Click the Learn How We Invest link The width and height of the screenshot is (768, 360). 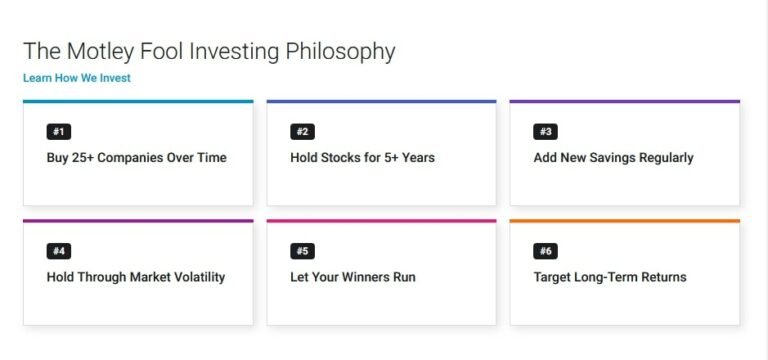tap(77, 78)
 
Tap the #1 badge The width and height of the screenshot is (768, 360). tap(59, 131)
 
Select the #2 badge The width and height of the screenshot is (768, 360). tap(302, 131)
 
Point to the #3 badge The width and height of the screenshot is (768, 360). tap(546, 131)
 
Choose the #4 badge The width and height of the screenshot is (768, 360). tap(59, 251)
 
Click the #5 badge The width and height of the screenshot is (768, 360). tap(302, 251)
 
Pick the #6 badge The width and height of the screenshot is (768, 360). tap(546, 251)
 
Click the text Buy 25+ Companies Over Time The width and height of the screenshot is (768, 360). tap(136, 157)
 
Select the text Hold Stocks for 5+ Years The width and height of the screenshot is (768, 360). tap(362, 157)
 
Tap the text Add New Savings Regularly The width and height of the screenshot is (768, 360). tap(613, 157)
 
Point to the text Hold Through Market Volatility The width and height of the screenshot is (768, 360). tap(136, 277)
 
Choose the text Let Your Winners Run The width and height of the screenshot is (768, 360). tap(352, 277)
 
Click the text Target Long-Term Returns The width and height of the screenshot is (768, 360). tap(610, 277)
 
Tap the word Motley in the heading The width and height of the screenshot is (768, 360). tap(96, 51)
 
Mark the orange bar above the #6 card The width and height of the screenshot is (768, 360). tap(624, 220)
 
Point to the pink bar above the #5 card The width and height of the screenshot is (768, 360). tap(381, 220)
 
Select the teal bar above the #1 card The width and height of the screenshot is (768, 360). tap(138, 101)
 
